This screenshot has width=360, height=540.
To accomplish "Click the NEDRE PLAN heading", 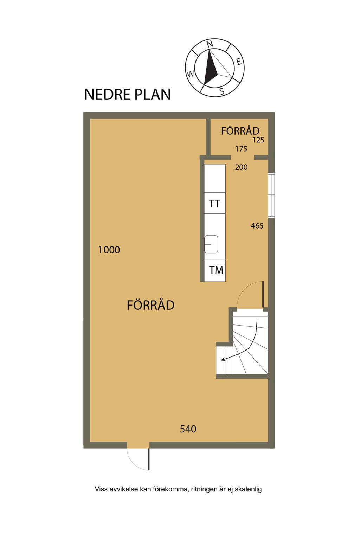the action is pyautogui.click(x=127, y=94).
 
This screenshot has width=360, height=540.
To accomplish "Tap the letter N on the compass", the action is pyautogui.click(x=210, y=44).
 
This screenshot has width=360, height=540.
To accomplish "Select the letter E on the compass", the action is pyautogui.click(x=238, y=62).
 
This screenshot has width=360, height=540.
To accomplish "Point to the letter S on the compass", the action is pyautogui.click(x=222, y=91).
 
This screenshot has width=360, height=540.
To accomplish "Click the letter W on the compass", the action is pyautogui.click(x=191, y=74).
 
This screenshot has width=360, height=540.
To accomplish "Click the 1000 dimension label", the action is pyautogui.click(x=109, y=250).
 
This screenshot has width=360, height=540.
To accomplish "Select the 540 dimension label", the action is pyautogui.click(x=188, y=429).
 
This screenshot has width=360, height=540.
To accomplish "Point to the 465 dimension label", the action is pyautogui.click(x=257, y=226).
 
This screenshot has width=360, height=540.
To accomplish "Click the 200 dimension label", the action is pyautogui.click(x=242, y=167).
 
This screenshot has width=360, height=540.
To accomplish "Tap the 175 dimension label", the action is pyautogui.click(x=241, y=149).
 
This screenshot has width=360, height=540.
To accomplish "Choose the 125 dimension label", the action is pyautogui.click(x=258, y=140).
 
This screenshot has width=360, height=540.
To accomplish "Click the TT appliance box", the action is pyautogui.click(x=215, y=203).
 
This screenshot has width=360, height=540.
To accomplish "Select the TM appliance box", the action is pyautogui.click(x=215, y=270).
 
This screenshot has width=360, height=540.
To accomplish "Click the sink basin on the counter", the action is pyautogui.click(x=211, y=244).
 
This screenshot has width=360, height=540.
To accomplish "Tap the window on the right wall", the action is pyautogui.click(x=271, y=195).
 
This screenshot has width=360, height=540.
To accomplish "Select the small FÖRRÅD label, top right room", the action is pyautogui.click(x=240, y=131).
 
